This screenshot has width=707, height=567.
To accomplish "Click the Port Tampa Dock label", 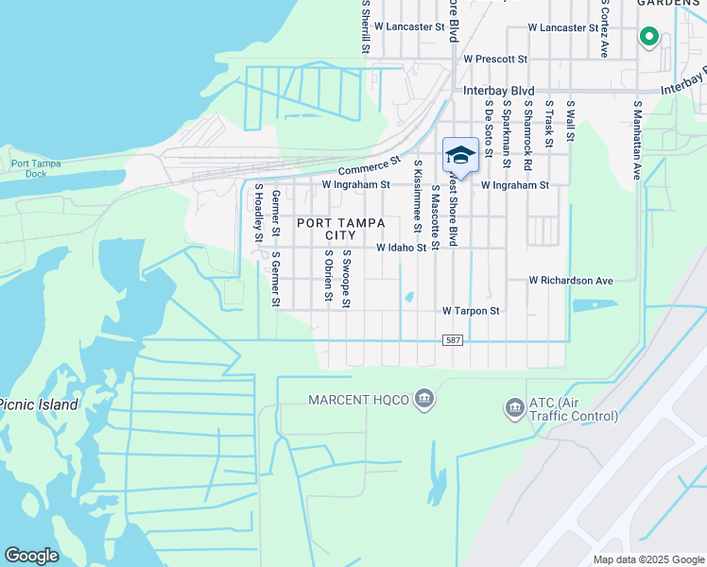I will [36, 168].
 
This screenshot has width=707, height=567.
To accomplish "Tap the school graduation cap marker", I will [460, 155].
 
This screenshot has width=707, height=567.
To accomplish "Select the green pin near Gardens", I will [649, 37].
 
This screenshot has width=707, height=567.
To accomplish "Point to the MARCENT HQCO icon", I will [424, 400].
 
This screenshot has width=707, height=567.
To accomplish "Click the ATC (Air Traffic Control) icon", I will [515, 408].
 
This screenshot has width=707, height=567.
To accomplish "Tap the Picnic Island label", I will [39, 404].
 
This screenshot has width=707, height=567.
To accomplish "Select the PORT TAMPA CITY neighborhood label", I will [341, 229].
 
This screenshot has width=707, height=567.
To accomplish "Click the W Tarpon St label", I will [471, 310].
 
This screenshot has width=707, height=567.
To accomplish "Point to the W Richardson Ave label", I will [571, 281].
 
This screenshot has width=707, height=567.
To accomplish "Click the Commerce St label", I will [365, 167].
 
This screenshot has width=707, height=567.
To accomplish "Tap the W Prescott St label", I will [494, 59].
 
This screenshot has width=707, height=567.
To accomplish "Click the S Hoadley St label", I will [257, 213].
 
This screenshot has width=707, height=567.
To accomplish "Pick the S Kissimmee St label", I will [417, 196].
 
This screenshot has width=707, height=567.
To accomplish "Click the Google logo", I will [31, 556].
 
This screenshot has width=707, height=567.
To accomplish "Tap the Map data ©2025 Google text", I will [649, 559].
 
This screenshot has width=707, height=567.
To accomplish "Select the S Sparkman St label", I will [507, 134].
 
